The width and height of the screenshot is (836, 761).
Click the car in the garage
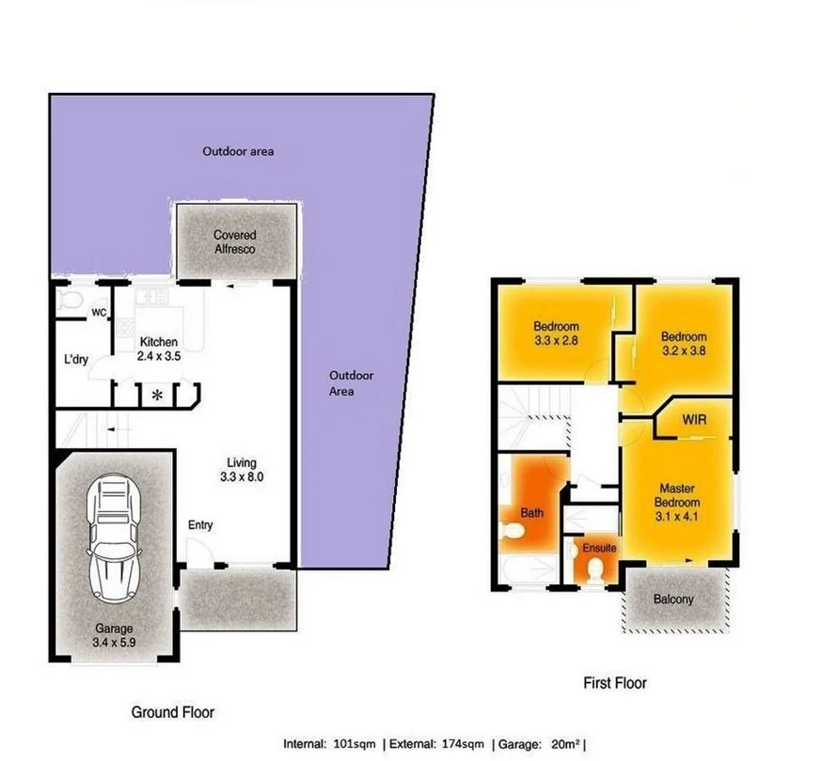(114, 542)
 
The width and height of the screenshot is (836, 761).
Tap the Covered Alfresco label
(234, 241)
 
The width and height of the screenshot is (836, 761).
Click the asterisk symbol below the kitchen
(157, 396)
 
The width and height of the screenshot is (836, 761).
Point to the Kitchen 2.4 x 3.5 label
(159, 349)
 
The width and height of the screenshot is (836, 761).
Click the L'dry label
(76, 360)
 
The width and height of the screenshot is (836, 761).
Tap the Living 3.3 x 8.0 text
(242, 469)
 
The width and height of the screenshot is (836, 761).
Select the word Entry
(200, 525)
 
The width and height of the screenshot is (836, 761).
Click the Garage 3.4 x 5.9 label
(113, 635)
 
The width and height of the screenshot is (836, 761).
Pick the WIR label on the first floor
(694, 418)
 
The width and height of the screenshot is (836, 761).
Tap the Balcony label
(672, 598)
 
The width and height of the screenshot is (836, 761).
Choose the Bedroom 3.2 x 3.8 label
(683, 343)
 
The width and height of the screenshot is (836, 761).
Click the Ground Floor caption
(172, 713)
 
